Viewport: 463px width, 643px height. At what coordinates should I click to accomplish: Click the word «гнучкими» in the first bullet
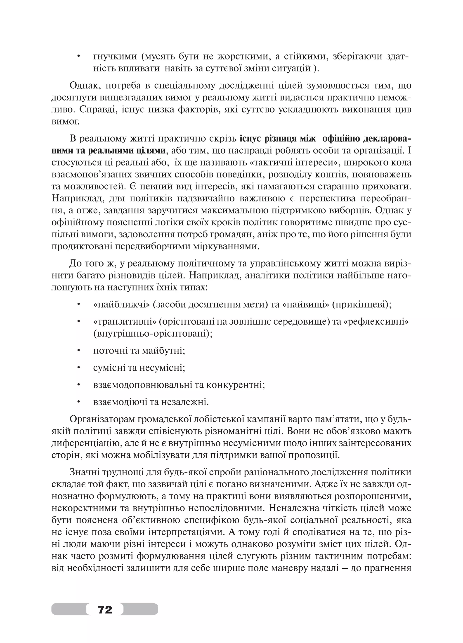coord(115,57)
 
